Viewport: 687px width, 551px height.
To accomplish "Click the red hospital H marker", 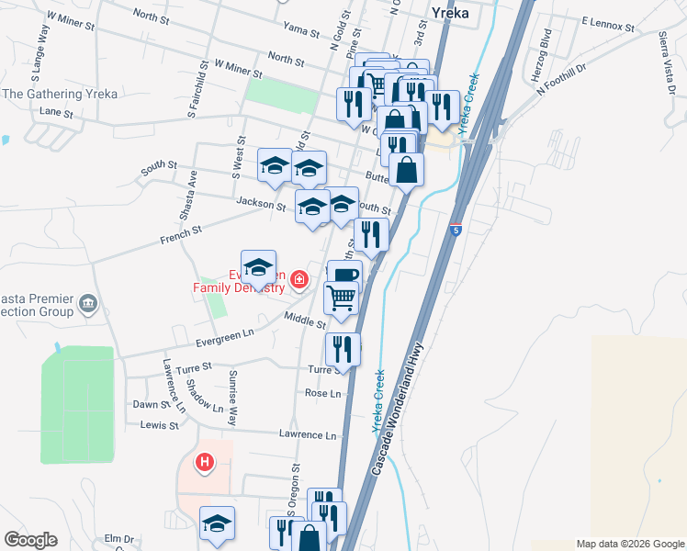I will [x=205, y=461].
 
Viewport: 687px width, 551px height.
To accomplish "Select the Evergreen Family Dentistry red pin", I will [x=298, y=279].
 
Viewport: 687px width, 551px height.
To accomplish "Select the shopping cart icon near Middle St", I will [x=341, y=298].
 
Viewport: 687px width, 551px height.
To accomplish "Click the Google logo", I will [x=30, y=539].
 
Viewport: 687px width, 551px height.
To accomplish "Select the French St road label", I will [x=181, y=237].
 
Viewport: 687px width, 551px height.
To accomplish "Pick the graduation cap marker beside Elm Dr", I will [x=217, y=523].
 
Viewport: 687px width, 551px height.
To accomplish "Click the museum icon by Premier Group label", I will [x=88, y=304].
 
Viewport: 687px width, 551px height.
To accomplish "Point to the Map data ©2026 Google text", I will [x=628, y=544].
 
